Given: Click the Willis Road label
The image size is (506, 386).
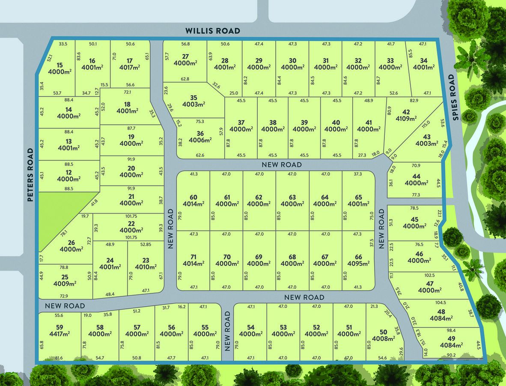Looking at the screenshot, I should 213,31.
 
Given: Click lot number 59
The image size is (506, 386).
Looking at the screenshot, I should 59,327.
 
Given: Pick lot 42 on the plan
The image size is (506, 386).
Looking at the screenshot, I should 406,112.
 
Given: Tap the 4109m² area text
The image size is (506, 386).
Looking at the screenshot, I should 406,119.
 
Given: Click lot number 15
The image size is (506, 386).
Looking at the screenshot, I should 59,65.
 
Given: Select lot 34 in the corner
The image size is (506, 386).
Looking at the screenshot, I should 424,60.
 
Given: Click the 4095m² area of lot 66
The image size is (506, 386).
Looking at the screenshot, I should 358,264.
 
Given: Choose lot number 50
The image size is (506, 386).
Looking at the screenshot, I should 383,332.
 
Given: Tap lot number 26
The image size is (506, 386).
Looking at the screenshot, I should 71,243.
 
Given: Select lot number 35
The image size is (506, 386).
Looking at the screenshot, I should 193,98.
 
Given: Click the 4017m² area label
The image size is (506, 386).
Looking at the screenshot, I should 130,67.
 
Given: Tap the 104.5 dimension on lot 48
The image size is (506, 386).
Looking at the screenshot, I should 441,303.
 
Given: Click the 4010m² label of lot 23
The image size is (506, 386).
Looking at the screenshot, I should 146,267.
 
